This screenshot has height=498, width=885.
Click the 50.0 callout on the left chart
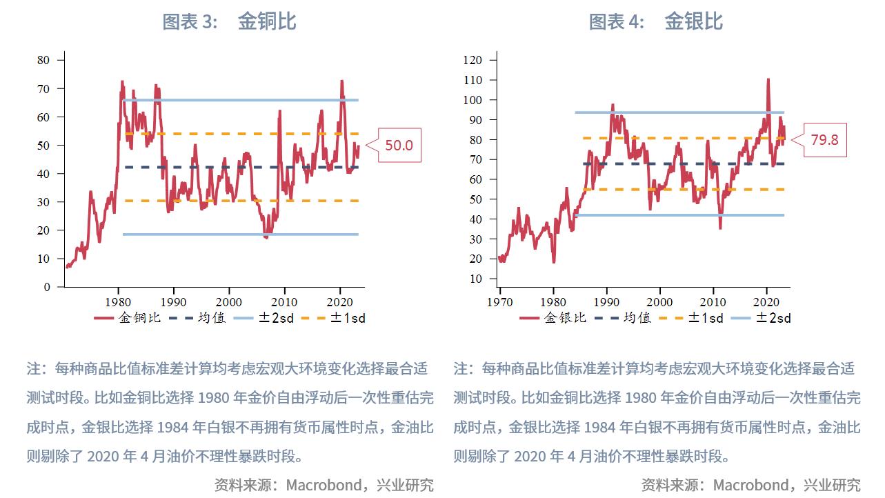pyautogui.click(x=399, y=146)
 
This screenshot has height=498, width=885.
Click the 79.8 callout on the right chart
pyautogui.click(x=824, y=140)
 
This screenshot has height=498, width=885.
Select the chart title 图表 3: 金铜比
pyautogui.click(x=229, y=21)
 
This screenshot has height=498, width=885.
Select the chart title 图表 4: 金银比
pyautogui.click(x=655, y=21)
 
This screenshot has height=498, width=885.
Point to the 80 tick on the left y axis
pyautogui.click(x=43, y=60)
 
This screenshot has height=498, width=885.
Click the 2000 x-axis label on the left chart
pyautogui.click(x=228, y=302)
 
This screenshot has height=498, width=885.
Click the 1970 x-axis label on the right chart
pyautogui.click(x=499, y=302)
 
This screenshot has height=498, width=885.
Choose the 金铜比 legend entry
pyautogui.click(x=128, y=318)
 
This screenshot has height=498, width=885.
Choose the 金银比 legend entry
pyautogui.click(x=553, y=318)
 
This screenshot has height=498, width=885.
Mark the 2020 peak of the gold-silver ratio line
pyautogui.click(x=768, y=80)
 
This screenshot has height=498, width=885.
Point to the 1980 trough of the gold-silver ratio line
pyautogui.click(x=553, y=261)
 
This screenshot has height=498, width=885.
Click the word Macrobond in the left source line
pyautogui.click(x=323, y=485)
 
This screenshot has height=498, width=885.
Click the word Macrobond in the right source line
pyautogui.click(x=750, y=485)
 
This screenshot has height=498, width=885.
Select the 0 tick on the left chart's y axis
pyautogui.click(x=47, y=287)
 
